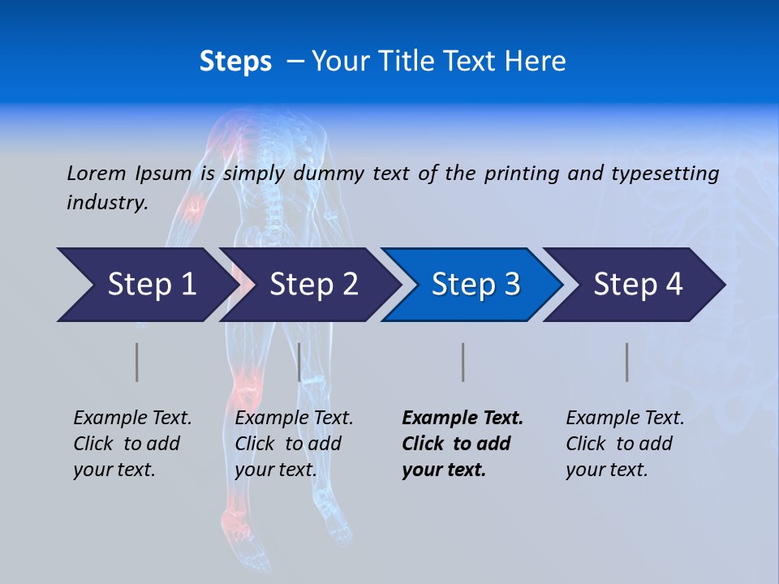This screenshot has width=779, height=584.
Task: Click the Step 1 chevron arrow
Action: [x=146, y=285]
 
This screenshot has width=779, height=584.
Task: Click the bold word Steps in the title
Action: [x=235, y=62]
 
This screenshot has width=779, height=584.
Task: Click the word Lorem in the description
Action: [x=96, y=173]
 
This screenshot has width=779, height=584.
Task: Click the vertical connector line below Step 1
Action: [x=137, y=362]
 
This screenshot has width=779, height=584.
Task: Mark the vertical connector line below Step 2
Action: [x=299, y=362]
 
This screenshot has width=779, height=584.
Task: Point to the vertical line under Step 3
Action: [x=463, y=362]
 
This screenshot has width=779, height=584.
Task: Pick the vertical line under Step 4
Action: [x=627, y=362]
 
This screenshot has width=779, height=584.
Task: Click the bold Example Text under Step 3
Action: [x=463, y=419]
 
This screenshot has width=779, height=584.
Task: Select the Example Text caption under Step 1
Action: [x=132, y=419]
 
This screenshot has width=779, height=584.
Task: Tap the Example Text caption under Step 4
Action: [x=625, y=419]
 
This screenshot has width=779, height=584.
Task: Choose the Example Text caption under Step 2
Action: [x=294, y=419]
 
